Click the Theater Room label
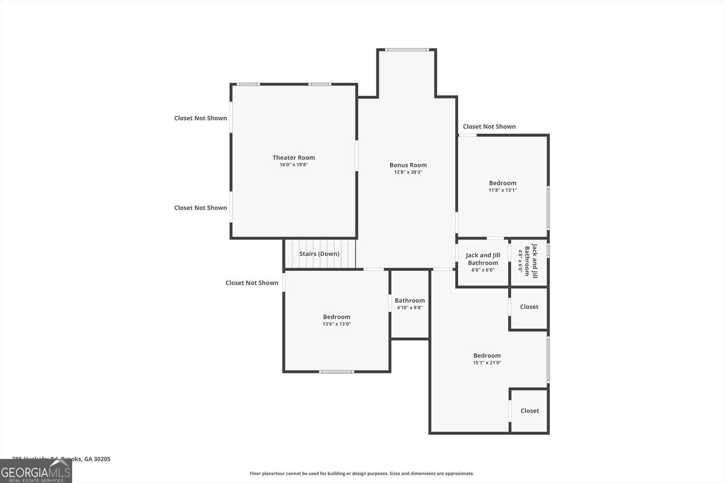pyautogui.click(x=293, y=158)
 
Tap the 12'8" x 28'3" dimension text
pyautogui.click(x=408, y=172)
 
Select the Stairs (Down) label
pyautogui.click(x=319, y=254)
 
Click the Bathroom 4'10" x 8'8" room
pyautogui.click(x=410, y=304)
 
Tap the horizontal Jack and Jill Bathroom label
pyautogui.click(x=483, y=259)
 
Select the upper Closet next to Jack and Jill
pyautogui.click(x=529, y=307)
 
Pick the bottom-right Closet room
pyautogui.click(x=529, y=411)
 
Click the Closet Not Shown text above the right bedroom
pyautogui.click(x=489, y=127)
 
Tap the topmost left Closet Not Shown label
pyautogui.click(x=200, y=118)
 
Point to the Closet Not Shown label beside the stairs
pyautogui.click(x=252, y=283)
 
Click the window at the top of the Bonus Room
pyautogui.click(x=406, y=50)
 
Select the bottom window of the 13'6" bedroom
pyautogui.click(x=336, y=372)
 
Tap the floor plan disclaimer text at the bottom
pyautogui.click(x=362, y=473)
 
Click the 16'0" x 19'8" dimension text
pyautogui.click(x=293, y=165)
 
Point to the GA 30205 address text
pyautogui.click(x=97, y=459)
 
